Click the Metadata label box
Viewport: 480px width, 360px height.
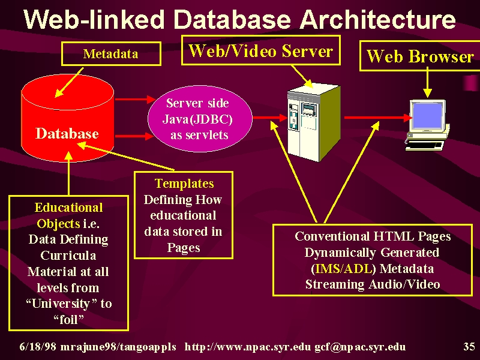point(112,54)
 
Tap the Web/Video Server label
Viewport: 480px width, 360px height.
point(261,50)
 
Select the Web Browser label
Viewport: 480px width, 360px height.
point(420,56)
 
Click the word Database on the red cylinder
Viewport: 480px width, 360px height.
point(67,134)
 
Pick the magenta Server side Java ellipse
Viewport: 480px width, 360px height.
point(200,119)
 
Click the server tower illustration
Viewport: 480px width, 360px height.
point(314,122)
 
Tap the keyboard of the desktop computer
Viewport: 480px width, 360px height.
point(425,146)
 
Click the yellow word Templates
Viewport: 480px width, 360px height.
point(184,184)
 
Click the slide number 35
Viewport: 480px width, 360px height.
point(469,346)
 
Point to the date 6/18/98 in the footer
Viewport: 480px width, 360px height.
point(38,347)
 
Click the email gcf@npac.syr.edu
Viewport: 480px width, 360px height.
point(360,347)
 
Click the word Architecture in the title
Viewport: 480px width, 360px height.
point(377,19)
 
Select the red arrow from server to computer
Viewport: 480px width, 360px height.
point(379,118)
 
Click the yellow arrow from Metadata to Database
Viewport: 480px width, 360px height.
point(69,83)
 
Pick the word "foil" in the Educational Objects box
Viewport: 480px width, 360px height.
point(68,320)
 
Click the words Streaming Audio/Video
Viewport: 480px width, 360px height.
point(373,284)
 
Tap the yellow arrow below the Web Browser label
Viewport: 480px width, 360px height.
point(427,83)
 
